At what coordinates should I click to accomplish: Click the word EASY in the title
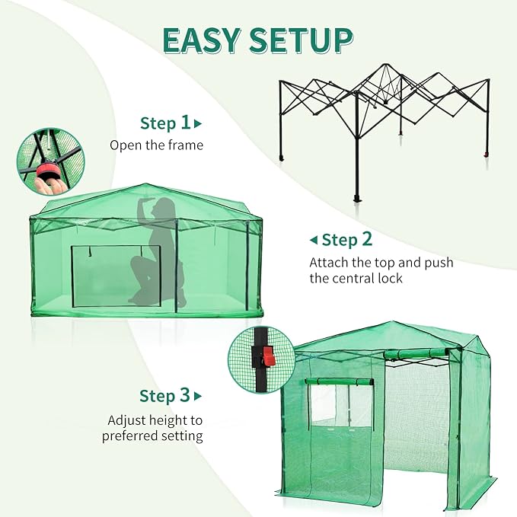point(201,40)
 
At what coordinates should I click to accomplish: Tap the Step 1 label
point(165,123)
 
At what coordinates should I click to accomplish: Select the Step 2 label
point(347,240)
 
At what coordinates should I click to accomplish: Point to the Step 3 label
point(164,396)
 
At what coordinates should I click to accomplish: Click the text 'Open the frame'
point(156,145)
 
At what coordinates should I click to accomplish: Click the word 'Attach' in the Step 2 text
point(328,262)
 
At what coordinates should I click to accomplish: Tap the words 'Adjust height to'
point(155,420)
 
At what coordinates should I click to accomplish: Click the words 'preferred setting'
point(152,436)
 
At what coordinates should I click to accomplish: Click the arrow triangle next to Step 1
point(199,123)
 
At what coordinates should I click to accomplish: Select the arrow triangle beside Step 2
point(313,241)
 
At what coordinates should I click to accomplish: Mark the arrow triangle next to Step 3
point(198,396)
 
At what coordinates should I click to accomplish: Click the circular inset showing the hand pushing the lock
point(51,161)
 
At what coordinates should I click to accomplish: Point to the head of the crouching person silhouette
point(164,206)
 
